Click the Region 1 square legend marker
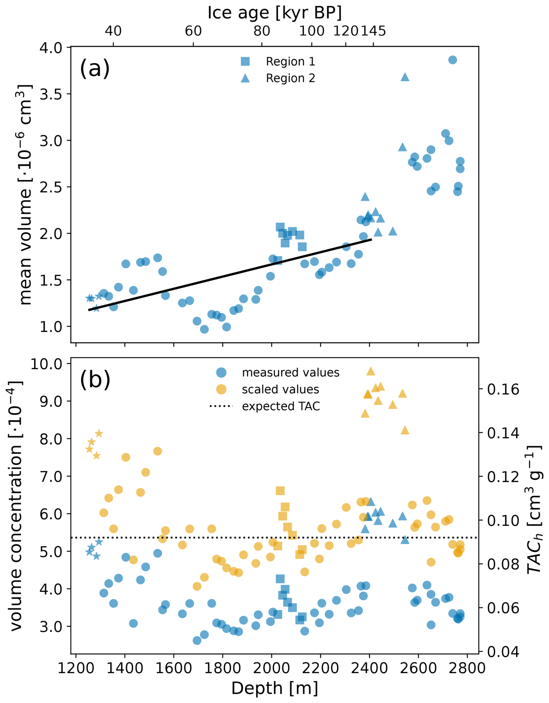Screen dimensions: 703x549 (x=245, y=61)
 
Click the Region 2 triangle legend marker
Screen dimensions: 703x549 (x=245, y=78)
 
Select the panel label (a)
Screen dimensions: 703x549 (x=95, y=68)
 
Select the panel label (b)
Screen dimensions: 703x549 (x=95, y=380)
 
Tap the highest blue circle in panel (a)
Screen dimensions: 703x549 (x=452, y=60)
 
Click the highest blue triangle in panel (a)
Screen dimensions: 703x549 (x=405, y=77)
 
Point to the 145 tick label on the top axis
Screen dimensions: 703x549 (x=373, y=31)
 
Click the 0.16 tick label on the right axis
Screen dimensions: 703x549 (x=503, y=389)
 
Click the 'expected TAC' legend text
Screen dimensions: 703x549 (x=281, y=406)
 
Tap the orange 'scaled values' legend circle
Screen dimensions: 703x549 (x=221, y=389)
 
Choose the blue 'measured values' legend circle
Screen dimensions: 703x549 (x=221, y=372)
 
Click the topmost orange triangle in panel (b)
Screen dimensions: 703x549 (x=371, y=371)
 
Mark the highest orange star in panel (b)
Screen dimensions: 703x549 (x=99, y=434)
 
